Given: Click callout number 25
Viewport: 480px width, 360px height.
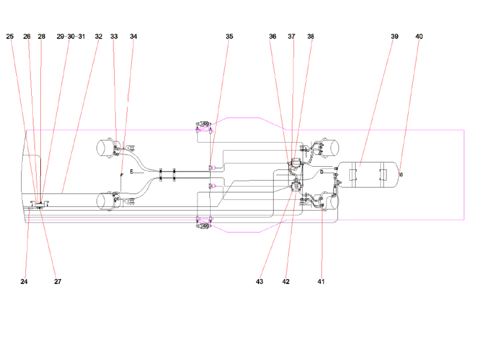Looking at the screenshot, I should point(10,37).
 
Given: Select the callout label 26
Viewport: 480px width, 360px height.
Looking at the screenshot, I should point(27,37).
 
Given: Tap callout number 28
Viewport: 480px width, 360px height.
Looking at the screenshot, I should point(41,37).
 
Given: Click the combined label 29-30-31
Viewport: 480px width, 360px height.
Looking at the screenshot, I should point(71,37).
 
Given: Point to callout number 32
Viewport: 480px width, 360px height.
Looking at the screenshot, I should point(98,37).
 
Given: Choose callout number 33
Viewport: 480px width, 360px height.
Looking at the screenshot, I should point(114,37).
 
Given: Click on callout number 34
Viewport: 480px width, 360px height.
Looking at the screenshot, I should point(133,37).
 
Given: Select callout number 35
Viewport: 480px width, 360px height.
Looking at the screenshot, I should point(229,37).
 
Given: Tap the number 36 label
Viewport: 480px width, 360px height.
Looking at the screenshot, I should point(272,37).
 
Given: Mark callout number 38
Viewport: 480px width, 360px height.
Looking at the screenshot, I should point(310,37).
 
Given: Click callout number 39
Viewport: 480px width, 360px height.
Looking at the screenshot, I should point(394,37).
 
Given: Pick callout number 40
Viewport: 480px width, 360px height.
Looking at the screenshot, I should point(419,37).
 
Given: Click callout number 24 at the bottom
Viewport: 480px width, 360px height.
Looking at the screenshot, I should point(24,281).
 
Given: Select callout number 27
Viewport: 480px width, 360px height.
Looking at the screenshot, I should point(58,281).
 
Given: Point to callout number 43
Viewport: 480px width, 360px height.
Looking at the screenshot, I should point(260,281).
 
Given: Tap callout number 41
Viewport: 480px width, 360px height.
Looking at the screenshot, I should point(321,281).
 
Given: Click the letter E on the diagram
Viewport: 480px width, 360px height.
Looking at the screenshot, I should point(131,172).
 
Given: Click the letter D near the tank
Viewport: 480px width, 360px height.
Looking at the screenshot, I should point(322,172).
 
